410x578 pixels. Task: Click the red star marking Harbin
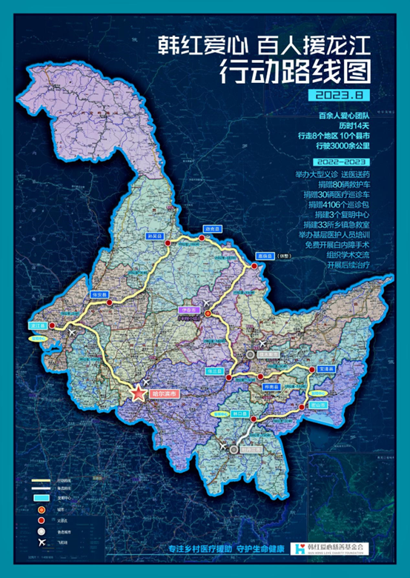pyautogui.click(x=138, y=393)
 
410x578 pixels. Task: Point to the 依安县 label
pyautogui.click(x=99, y=295)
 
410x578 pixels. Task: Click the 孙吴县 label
pyautogui.click(x=155, y=236)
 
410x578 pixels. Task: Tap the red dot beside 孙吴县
pyautogui.click(x=169, y=245)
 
